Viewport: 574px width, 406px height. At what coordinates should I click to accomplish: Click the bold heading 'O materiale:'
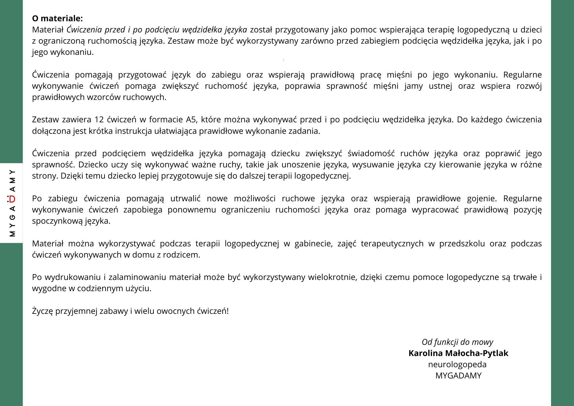57,18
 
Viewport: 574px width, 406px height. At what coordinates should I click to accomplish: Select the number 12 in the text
99,119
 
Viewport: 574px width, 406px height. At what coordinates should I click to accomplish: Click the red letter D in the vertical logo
12,199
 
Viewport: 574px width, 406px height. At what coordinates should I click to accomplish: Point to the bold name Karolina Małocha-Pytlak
458,353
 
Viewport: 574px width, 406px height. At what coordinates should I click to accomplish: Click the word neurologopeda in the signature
457,364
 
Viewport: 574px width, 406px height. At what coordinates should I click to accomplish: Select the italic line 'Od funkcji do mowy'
457,342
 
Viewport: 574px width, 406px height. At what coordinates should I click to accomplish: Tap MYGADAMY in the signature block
458,376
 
